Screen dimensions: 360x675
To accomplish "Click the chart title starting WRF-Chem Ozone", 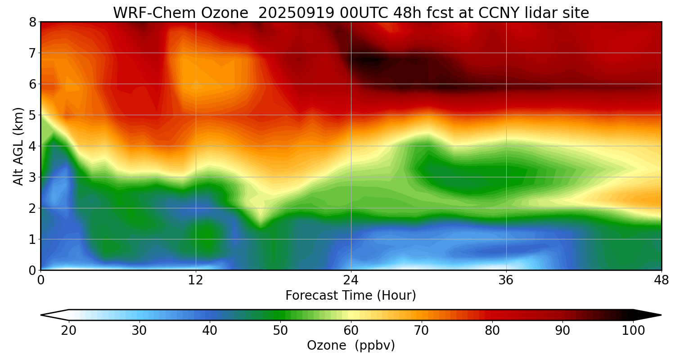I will click(351, 13).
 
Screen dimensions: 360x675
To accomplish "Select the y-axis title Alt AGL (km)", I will click(18, 146).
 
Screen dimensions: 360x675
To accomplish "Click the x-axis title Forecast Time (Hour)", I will click(351, 296).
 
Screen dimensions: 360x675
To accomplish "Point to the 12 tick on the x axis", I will click(196, 280).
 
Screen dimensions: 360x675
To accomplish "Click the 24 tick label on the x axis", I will click(351, 280).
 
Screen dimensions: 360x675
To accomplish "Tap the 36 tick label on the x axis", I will click(506, 280).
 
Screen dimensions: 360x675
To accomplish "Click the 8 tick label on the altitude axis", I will click(32, 22).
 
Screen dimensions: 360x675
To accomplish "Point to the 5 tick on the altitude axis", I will click(32, 115).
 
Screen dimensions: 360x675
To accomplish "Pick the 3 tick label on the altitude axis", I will click(32, 177).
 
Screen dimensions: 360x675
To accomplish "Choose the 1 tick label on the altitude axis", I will click(32, 239).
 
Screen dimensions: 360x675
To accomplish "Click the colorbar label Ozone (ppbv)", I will click(351, 346).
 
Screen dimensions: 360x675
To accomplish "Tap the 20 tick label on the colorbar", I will click(69, 331).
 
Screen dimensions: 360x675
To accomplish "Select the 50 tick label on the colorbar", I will click(280, 331).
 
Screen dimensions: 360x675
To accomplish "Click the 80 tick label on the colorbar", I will click(492, 331).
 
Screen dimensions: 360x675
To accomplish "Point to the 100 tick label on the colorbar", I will click(633, 331).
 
